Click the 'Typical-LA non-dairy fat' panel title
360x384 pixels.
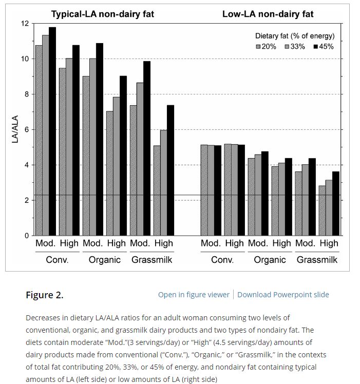pos(102,14)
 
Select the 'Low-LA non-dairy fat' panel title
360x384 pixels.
pos(268,14)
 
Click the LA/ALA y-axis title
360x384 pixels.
pos(15,129)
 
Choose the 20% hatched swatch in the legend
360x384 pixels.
pos(258,47)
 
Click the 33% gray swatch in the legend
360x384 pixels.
pos(287,47)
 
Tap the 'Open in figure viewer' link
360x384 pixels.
pos(194,295)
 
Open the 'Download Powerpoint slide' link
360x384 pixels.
pos(283,295)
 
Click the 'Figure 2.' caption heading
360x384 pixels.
pos(45,295)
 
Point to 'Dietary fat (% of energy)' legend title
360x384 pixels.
pos(294,36)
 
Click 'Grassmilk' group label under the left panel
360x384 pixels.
pos(152,260)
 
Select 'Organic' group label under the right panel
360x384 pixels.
pos(270,260)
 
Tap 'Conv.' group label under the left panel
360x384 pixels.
pos(57,260)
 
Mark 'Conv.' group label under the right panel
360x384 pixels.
pos(222,260)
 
